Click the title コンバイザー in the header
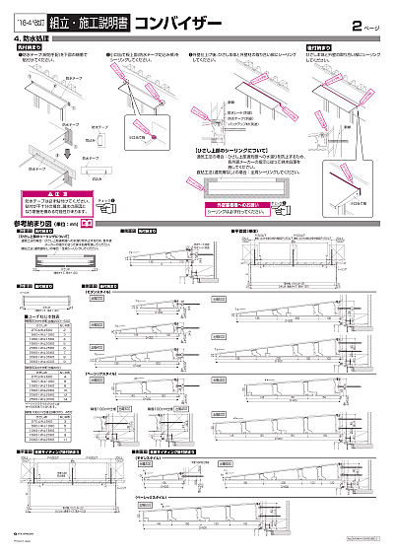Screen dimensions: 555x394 click(x=165, y=19)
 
